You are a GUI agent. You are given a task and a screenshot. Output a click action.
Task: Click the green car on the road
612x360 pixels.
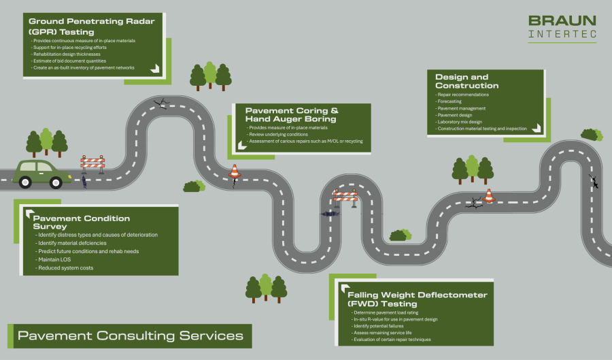[41, 174]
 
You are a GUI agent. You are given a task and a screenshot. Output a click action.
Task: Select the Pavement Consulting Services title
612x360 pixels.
[130, 336]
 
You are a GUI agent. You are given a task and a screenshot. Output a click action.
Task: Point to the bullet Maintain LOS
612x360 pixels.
[55, 259]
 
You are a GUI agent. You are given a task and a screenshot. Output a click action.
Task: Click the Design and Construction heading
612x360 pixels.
[467, 81]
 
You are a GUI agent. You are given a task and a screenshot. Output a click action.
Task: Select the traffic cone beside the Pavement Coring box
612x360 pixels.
[235, 171]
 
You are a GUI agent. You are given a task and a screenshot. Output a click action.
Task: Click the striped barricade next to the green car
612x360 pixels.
[92, 163]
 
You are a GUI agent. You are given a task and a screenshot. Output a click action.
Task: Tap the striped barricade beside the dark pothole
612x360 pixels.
[345, 198]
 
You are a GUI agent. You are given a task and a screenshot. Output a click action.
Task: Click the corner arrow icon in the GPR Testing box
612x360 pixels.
[154, 68]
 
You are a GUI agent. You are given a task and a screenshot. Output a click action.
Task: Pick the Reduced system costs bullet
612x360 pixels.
[65, 267]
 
